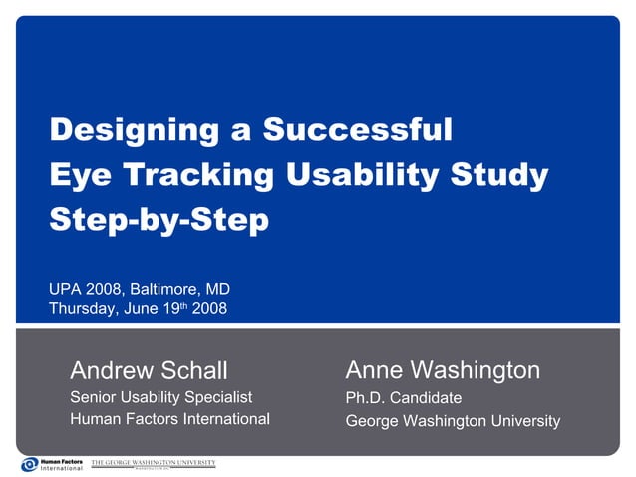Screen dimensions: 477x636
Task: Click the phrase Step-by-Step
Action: tap(159, 219)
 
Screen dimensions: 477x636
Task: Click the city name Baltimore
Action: tap(159, 290)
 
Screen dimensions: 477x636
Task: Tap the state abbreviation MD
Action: tap(217, 290)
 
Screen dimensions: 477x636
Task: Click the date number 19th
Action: tap(170, 308)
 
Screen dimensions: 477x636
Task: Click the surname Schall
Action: tap(194, 371)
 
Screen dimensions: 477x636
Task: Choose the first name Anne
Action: tap(373, 371)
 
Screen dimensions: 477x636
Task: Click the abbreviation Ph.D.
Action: tap(364, 398)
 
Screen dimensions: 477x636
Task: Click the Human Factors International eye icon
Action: tap(29, 464)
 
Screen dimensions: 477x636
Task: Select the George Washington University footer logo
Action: tap(153, 464)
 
